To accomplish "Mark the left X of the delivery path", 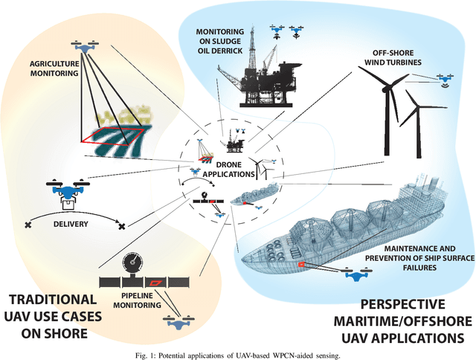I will click(28, 224).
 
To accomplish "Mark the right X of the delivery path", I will click(121, 225).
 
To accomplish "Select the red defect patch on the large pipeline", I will click(155, 283).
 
